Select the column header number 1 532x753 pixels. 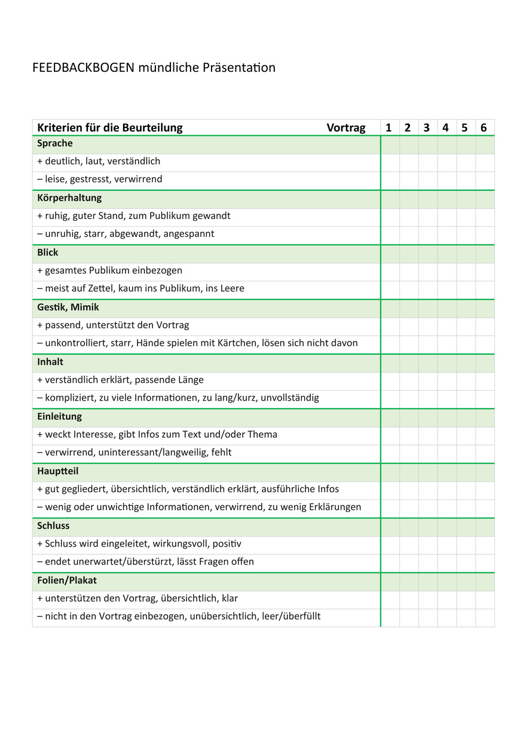(389, 127)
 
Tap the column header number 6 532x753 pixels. (484, 127)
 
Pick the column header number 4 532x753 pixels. (445, 127)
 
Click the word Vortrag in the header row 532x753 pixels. (346, 127)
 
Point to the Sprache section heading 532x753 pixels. (55, 144)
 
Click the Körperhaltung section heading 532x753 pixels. (69, 198)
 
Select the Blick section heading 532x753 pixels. (48, 252)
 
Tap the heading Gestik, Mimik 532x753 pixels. (68, 307)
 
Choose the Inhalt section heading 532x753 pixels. (50, 362)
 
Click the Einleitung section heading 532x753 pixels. (60, 416)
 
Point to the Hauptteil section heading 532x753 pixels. (58, 471)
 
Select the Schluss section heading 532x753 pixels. (53, 526)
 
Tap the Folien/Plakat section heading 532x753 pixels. (67, 580)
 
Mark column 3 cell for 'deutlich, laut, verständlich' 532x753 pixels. (428, 162)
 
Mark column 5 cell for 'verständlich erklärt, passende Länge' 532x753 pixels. (466, 380)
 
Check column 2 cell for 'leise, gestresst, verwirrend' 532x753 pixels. (409, 180)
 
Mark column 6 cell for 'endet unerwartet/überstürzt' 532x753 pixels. (485, 562)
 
